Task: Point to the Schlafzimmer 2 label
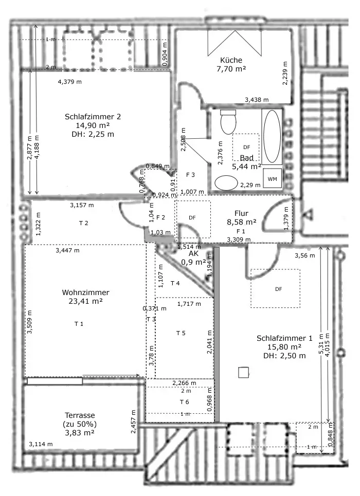[93, 116]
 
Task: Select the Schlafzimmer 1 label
[284, 338]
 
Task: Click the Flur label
[242, 213]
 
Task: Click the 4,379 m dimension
[70, 81]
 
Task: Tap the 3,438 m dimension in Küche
[256, 99]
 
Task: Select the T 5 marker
[181, 333]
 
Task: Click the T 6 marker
[184, 401]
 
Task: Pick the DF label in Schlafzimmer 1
[278, 289]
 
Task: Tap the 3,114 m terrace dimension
[41, 444]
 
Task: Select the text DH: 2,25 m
[93, 134]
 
